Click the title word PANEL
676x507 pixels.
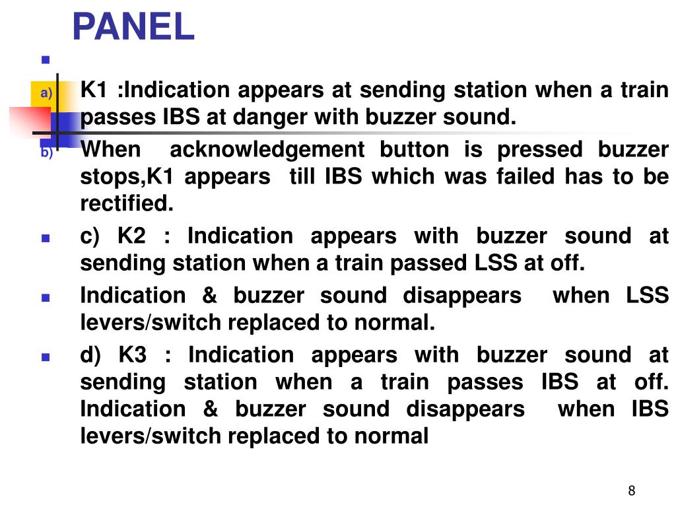tap(133, 26)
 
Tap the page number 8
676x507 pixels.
tap(632, 490)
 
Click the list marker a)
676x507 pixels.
tap(46, 92)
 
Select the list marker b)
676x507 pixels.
tap(47, 152)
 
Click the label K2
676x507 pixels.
tap(131, 236)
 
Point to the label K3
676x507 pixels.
tap(132, 355)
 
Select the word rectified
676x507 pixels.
tap(127, 203)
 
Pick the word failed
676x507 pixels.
tap(525, 177)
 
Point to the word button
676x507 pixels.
tap(415, 150)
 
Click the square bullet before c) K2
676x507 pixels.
tap(46, 238)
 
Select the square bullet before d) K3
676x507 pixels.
tap(46, 357)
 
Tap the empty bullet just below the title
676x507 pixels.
tap(46, 59)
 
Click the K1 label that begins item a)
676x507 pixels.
tap(94, 90)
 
